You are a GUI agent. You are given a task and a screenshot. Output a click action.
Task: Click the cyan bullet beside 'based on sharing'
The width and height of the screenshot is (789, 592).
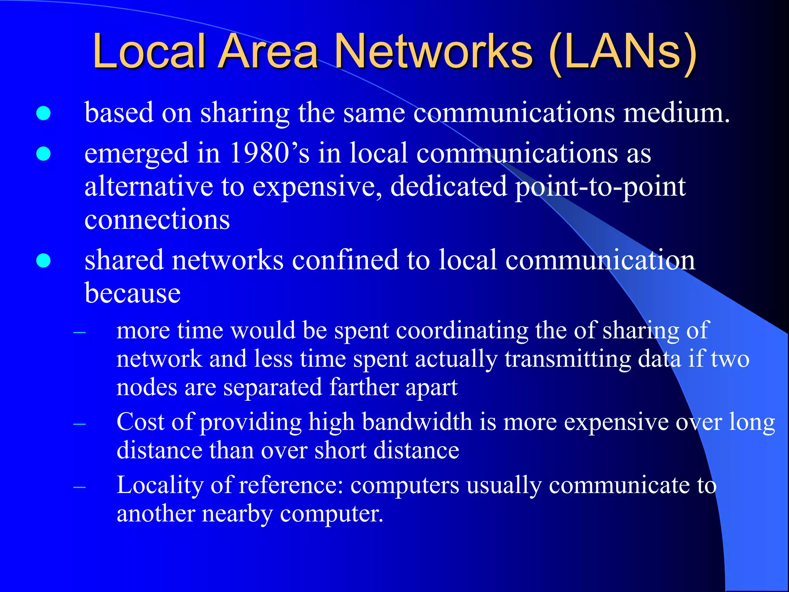point(44,113)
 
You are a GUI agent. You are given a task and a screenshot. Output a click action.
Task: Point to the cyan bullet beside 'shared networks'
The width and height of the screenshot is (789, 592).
point(44,260)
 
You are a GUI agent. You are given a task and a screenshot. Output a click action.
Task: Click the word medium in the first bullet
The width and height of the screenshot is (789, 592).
point(676,113)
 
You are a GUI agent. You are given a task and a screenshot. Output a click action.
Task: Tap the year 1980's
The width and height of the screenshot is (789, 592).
point(269,153)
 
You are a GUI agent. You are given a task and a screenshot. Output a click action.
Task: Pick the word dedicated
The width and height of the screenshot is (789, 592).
point(448,187)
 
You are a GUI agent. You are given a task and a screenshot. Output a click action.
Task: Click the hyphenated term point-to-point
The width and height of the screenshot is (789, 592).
point(600,187)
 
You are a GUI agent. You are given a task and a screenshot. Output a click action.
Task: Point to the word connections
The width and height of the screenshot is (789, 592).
point(157,220)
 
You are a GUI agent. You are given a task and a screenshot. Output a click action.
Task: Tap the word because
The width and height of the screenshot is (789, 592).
point(133,293)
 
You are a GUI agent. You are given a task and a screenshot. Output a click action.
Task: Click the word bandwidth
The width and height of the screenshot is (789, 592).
point(417,422)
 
